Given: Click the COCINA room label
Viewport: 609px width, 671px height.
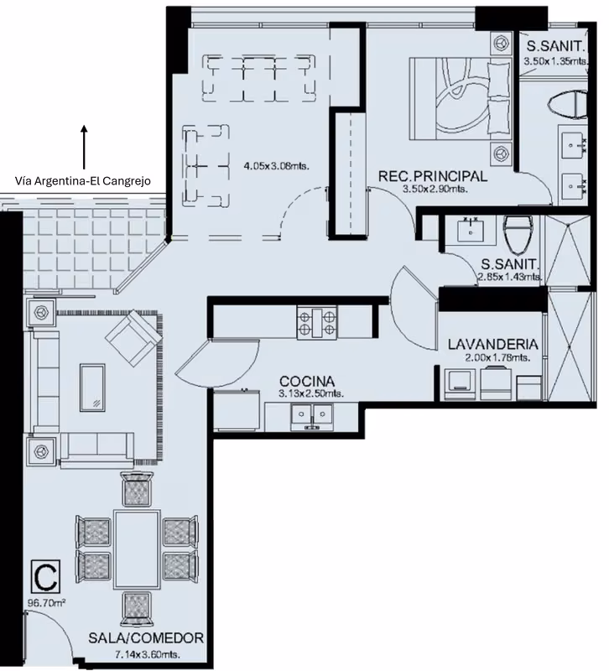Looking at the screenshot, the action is pyautogui.click(x=307, y=382).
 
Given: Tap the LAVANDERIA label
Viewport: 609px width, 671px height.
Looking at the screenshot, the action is pyautogui.click(x=493, y=344).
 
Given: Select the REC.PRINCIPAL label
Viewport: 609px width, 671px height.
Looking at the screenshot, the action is pyautogui.click(x=433, y=176).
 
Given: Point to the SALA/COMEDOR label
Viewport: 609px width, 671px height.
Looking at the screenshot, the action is pyautogui.click(x=146, y=638).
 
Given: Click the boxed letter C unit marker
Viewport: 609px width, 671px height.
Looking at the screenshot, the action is pyautogui.click(x=46, y=576).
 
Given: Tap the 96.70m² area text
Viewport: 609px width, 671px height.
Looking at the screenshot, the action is pyautogui.click(x=47, y=603).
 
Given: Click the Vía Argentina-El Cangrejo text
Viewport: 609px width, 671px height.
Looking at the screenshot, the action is pyautogui.click(x=82, y=181).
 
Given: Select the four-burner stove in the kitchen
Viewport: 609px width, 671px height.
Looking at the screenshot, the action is pyautogui.click(x=317, y=323).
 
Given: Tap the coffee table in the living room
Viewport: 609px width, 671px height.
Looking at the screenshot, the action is pyautogui.click(x=92, y=388).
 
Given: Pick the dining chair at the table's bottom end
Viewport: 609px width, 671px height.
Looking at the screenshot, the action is pyautogui.click(x=137, y=609).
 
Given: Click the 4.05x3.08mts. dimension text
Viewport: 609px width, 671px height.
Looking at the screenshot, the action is pyautogui.click(x=276, y=166).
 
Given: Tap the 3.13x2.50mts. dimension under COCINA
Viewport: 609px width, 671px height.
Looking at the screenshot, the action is pyautogui.click(x=311, y=393).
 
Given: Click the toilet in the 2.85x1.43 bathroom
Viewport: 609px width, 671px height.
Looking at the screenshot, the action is pyautogui.click(x=518, y=234).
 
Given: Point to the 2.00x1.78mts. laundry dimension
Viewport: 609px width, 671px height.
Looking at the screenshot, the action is pyautogui.click(x=497, y=357).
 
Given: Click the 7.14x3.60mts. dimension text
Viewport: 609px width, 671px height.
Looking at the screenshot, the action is pyautogui.click(x=148, y=654).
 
